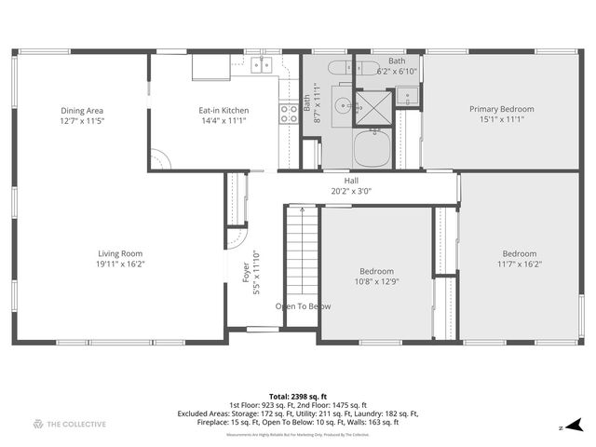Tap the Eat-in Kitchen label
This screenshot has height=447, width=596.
coord(223,111)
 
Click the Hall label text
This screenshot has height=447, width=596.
coord(351,181)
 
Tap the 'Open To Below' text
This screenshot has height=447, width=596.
coord(303,306)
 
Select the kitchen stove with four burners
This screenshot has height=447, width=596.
coord(289,114)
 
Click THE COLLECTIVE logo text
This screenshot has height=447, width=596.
coord(75,425)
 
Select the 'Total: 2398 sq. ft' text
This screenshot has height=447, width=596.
coord(298,397)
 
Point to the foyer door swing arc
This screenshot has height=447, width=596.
coord(237,238)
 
